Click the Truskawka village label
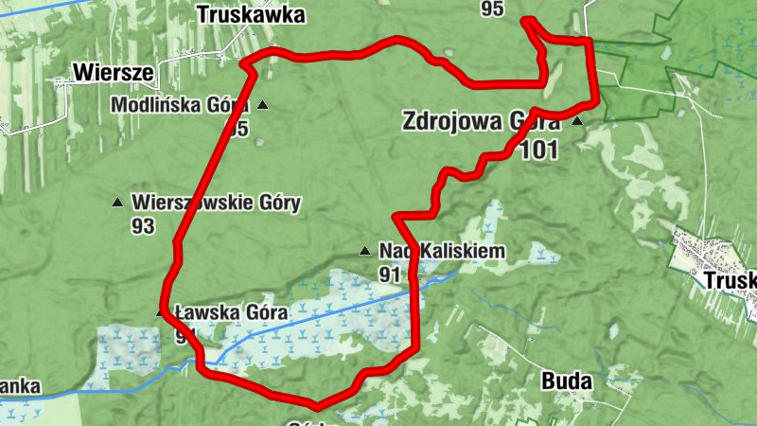click(x=252, y=14)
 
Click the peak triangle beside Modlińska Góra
click(x=262, y=104)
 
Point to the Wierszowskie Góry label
click(x=217, y=202)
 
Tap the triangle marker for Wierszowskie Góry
click(x=118, y=202)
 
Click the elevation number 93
click(x=144, y=225)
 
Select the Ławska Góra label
click(x=219, y=312)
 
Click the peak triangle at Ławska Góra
click(x=160, y=312)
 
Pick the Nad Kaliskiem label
click(x=442, y=251)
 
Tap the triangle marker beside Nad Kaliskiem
click(x=365, y=251)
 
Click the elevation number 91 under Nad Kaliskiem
click(x=390, y=275)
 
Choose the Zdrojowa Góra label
click(x=482, y=122)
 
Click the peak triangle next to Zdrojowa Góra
click(x=576, y=122)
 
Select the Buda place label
click(x=567, y=382)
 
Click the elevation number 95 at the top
click(x=492, y=9)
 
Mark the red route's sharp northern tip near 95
click(x=527, y=20)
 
